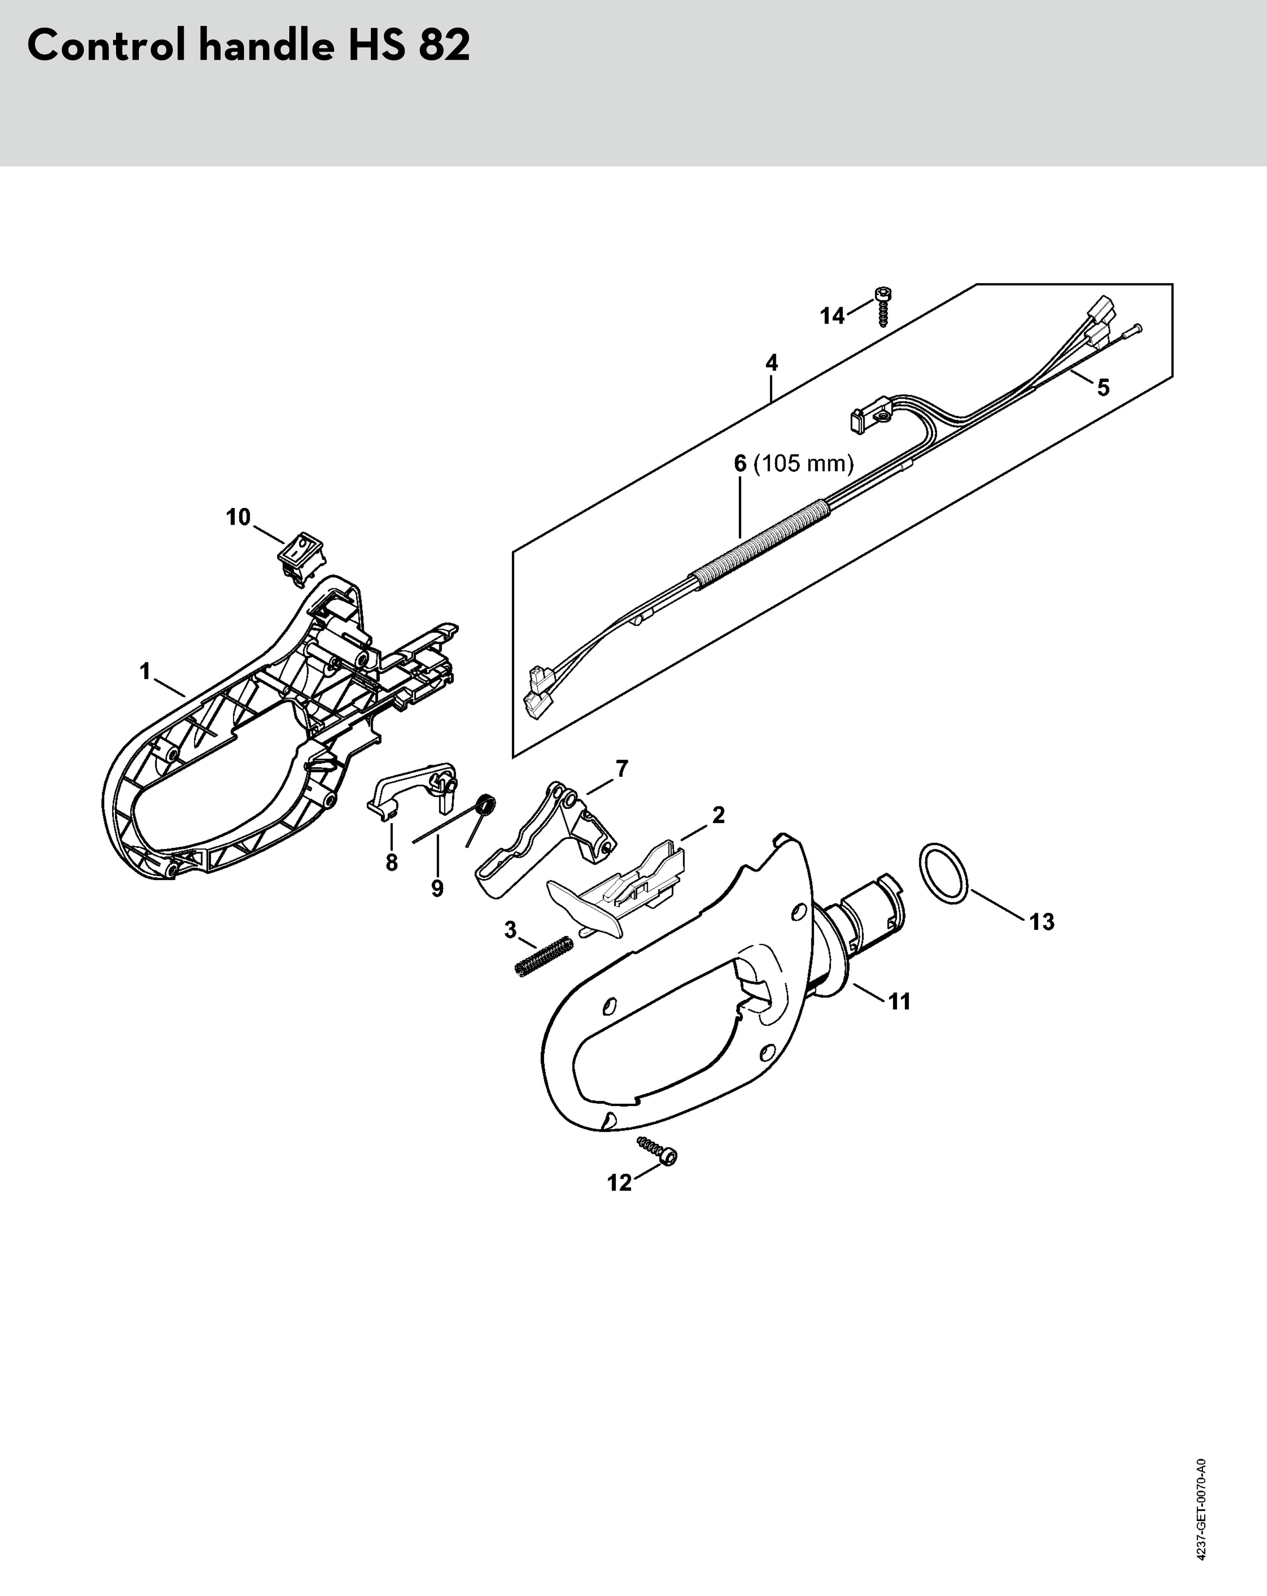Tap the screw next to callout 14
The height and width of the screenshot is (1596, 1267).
click(881, 305)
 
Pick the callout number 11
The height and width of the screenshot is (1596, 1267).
click(899, 1002)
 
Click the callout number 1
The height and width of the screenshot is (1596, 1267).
click(145, 671)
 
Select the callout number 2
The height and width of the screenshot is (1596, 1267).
click(718, 815)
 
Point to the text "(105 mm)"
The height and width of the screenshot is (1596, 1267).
click(803, 464)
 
